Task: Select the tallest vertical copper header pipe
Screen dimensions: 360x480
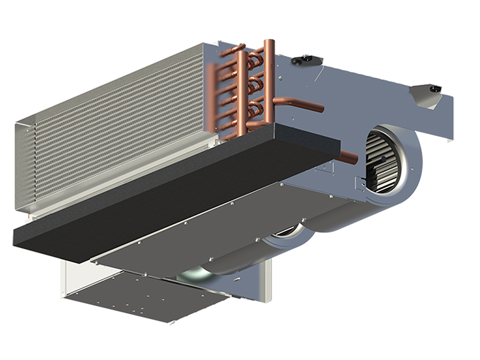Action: coord(269,77)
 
